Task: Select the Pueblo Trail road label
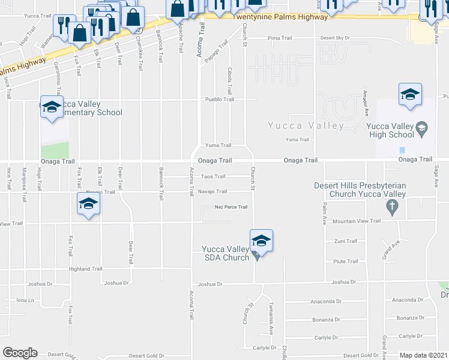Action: pyautogui.click(x=219, y=100)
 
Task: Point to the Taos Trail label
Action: pyautogui.click(x=213, y=176)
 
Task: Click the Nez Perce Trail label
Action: pyautogui.click(x=231, y=207)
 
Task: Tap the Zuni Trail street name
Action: pyautogui.click(x=346, y=241)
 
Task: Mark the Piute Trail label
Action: pyautogui.click(x=346, y=261)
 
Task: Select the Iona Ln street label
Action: pyautogui.click(x=25, y=300)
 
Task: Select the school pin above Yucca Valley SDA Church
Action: pyautogui.click(x=261, y=241)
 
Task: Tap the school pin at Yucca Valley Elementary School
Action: pyautogui.click(x=52, y=107)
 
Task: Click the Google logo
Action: pyautogui.click(x=19, y=353)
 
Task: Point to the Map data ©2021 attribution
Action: pyautogui.click(x=424, y=355)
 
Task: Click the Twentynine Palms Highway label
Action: pyautogui.click(x=281, y=17)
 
